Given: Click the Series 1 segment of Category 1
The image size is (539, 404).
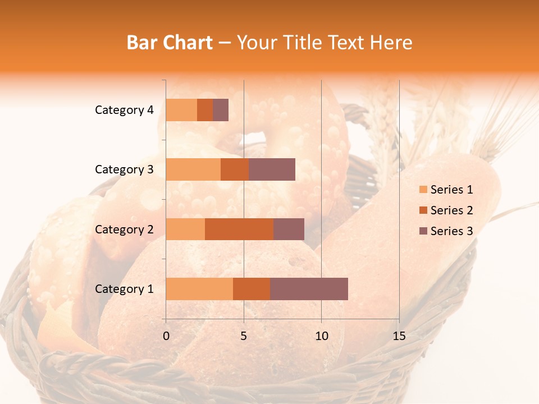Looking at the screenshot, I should tap(199, 288).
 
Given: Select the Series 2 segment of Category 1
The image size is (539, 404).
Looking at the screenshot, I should tap(252, 288).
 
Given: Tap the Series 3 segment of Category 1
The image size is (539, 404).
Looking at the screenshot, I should tap(309, 288).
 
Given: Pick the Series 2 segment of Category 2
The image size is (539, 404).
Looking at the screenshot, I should tap(239, 229).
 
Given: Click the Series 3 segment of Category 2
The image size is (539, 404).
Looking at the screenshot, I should tap(289, 229).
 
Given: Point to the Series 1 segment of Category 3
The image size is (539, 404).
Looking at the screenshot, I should tap(193, 169).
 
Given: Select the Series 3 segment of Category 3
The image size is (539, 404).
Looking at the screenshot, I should tap(272, 169).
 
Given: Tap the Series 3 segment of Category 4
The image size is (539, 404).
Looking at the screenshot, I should tap(221, 110).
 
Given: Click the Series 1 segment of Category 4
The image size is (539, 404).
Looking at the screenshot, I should tap(181, 110).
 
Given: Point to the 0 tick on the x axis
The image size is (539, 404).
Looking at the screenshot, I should tap(166, 336).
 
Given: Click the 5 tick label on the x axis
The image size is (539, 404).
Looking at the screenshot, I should tap(244, 336).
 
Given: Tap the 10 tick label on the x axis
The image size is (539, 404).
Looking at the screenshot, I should tap(321, 336).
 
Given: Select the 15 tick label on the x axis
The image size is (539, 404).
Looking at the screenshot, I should tap(399, 336).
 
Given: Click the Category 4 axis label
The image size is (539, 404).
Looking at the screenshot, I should tap(124, 110).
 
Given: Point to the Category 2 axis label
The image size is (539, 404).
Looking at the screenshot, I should tap(124, 229).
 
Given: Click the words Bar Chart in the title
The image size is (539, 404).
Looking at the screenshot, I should tap(170, 43).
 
